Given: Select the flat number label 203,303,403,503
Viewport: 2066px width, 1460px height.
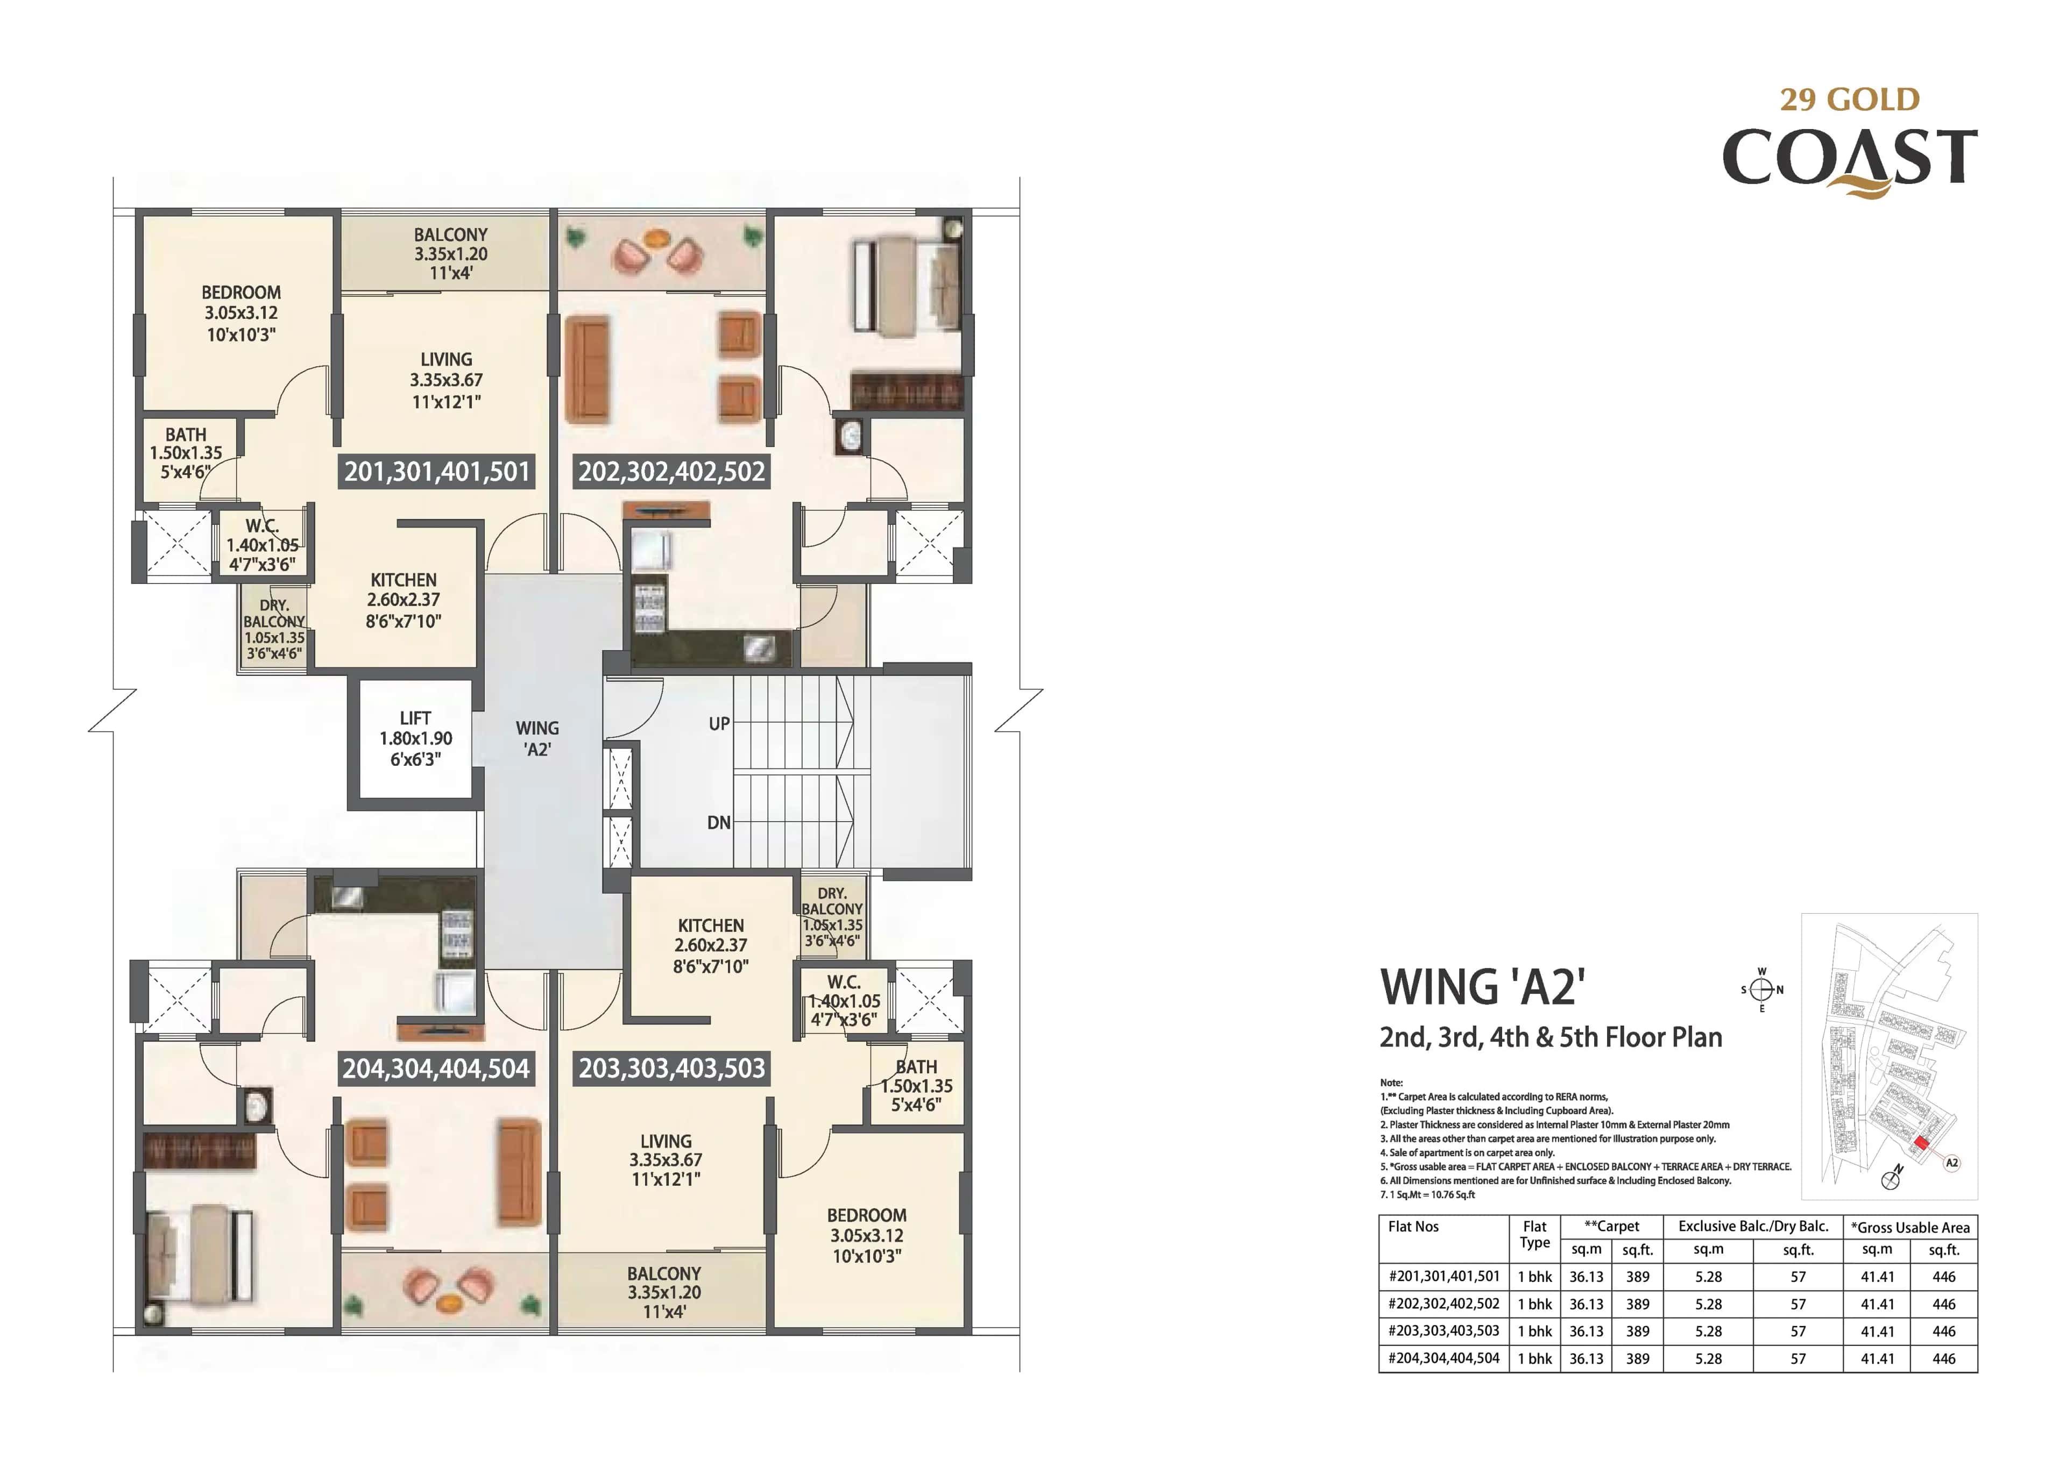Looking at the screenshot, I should tap(671, 1069).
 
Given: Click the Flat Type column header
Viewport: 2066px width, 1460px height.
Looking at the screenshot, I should tap(1534, 1235).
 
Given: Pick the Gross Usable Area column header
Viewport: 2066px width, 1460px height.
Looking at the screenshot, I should tap(1909, 1228).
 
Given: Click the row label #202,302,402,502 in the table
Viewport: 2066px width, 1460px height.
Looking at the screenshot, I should tap(1444, 1304).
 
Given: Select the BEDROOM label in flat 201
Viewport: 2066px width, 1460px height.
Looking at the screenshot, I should tap(241, 293).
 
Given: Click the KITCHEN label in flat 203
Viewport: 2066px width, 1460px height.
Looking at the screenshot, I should tap(711, 925).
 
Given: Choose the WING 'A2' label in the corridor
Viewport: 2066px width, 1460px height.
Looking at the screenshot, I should tap(537, 738).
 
